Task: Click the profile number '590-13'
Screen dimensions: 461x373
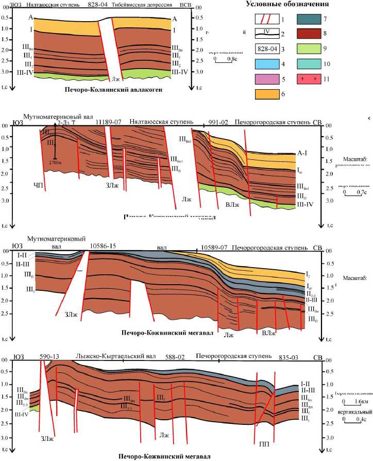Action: pyautogui.click(x=49, y=357)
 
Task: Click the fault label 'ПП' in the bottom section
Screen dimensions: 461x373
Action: pyautogui.click(x=265, y=443)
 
